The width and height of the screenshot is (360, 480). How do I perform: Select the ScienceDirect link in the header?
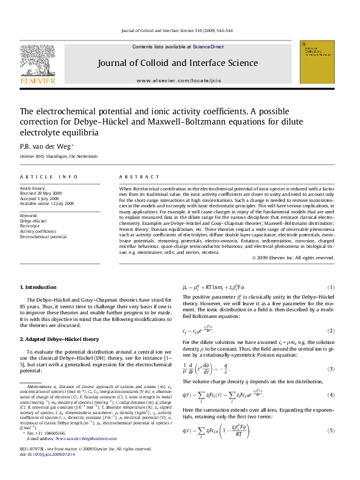[x=209, y=47]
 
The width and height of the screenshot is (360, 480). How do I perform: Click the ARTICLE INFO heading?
[x=49, y=177]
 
